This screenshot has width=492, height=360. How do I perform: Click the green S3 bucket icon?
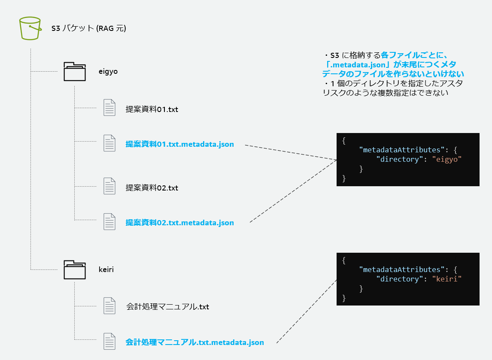(x=30, y=28)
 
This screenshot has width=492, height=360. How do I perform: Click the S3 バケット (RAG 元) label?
(x=88, y=28)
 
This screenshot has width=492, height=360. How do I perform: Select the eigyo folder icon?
(x=75, y=71)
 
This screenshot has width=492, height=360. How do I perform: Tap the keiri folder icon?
(x=75, y=269)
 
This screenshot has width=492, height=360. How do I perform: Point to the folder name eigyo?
(x=108, y=72)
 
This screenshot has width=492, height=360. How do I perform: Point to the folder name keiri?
(x=106, y=270)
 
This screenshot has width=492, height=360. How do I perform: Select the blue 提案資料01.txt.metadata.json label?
(x=179, y=144)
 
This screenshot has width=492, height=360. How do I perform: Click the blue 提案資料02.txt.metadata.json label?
(x=179, y=223)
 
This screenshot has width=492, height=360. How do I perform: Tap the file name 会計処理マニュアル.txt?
(x=167, y=307)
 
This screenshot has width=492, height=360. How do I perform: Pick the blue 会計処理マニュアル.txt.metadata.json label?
(x=194, y=342)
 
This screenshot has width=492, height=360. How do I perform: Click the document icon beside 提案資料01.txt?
(x=109, y=108)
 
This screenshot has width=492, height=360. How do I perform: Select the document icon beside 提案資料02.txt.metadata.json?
(x=109, y=221)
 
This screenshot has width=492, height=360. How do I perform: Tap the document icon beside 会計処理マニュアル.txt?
(x=109, y=306)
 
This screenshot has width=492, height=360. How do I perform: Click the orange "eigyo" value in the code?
(x=449, y=159)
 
